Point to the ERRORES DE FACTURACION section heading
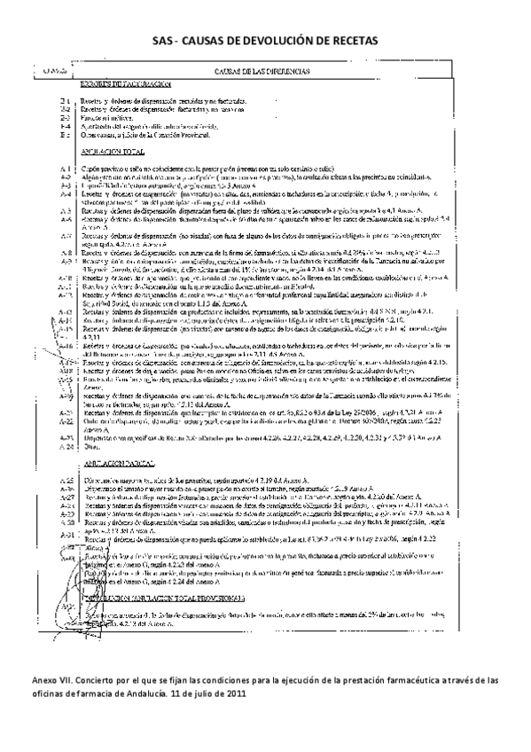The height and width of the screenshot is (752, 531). pos(125,82)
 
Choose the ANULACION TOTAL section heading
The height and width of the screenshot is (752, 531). pos(114,153)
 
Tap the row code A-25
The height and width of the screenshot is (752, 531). pos(66,480)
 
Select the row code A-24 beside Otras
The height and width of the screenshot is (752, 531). pos(66,448)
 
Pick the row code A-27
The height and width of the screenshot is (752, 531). pos(66,497)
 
